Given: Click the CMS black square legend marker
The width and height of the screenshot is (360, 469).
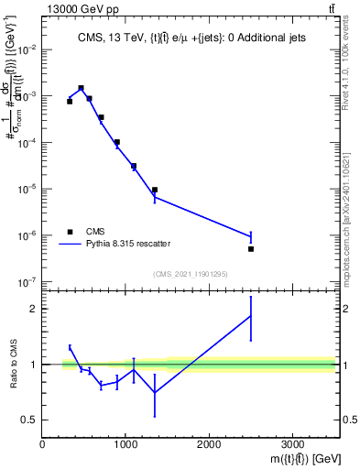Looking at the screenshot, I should point(70,231).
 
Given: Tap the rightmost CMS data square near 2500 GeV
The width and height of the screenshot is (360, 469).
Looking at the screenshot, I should point(250,248).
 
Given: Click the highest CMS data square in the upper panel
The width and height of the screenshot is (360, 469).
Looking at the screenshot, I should point(82,88).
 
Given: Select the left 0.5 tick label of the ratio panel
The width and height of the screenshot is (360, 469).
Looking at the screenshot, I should point(29,420).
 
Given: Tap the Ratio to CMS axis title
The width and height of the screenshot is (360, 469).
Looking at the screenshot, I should point(13,364).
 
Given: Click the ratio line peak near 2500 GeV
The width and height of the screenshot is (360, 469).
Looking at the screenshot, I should point(250,316).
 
